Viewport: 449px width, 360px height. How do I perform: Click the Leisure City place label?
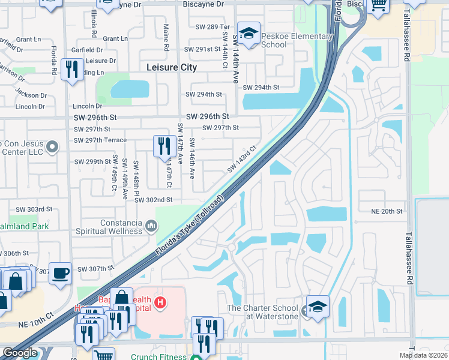click(172, 68)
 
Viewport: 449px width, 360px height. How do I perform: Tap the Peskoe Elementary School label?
click(297, 40)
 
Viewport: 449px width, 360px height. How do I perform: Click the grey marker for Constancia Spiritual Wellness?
click(151, 226)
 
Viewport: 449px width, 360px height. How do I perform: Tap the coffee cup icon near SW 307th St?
click(60, 274)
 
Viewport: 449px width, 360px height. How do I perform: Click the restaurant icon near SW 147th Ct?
click(164, 146)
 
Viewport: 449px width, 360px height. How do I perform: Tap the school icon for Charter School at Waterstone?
click(318, 306)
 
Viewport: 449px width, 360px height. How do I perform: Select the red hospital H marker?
click(160, 302)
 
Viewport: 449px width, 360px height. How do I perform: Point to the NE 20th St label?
click(385, 211)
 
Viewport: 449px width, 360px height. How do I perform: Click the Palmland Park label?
click(24, 226)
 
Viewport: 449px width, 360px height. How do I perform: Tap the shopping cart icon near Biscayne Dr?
click(378, 5)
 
